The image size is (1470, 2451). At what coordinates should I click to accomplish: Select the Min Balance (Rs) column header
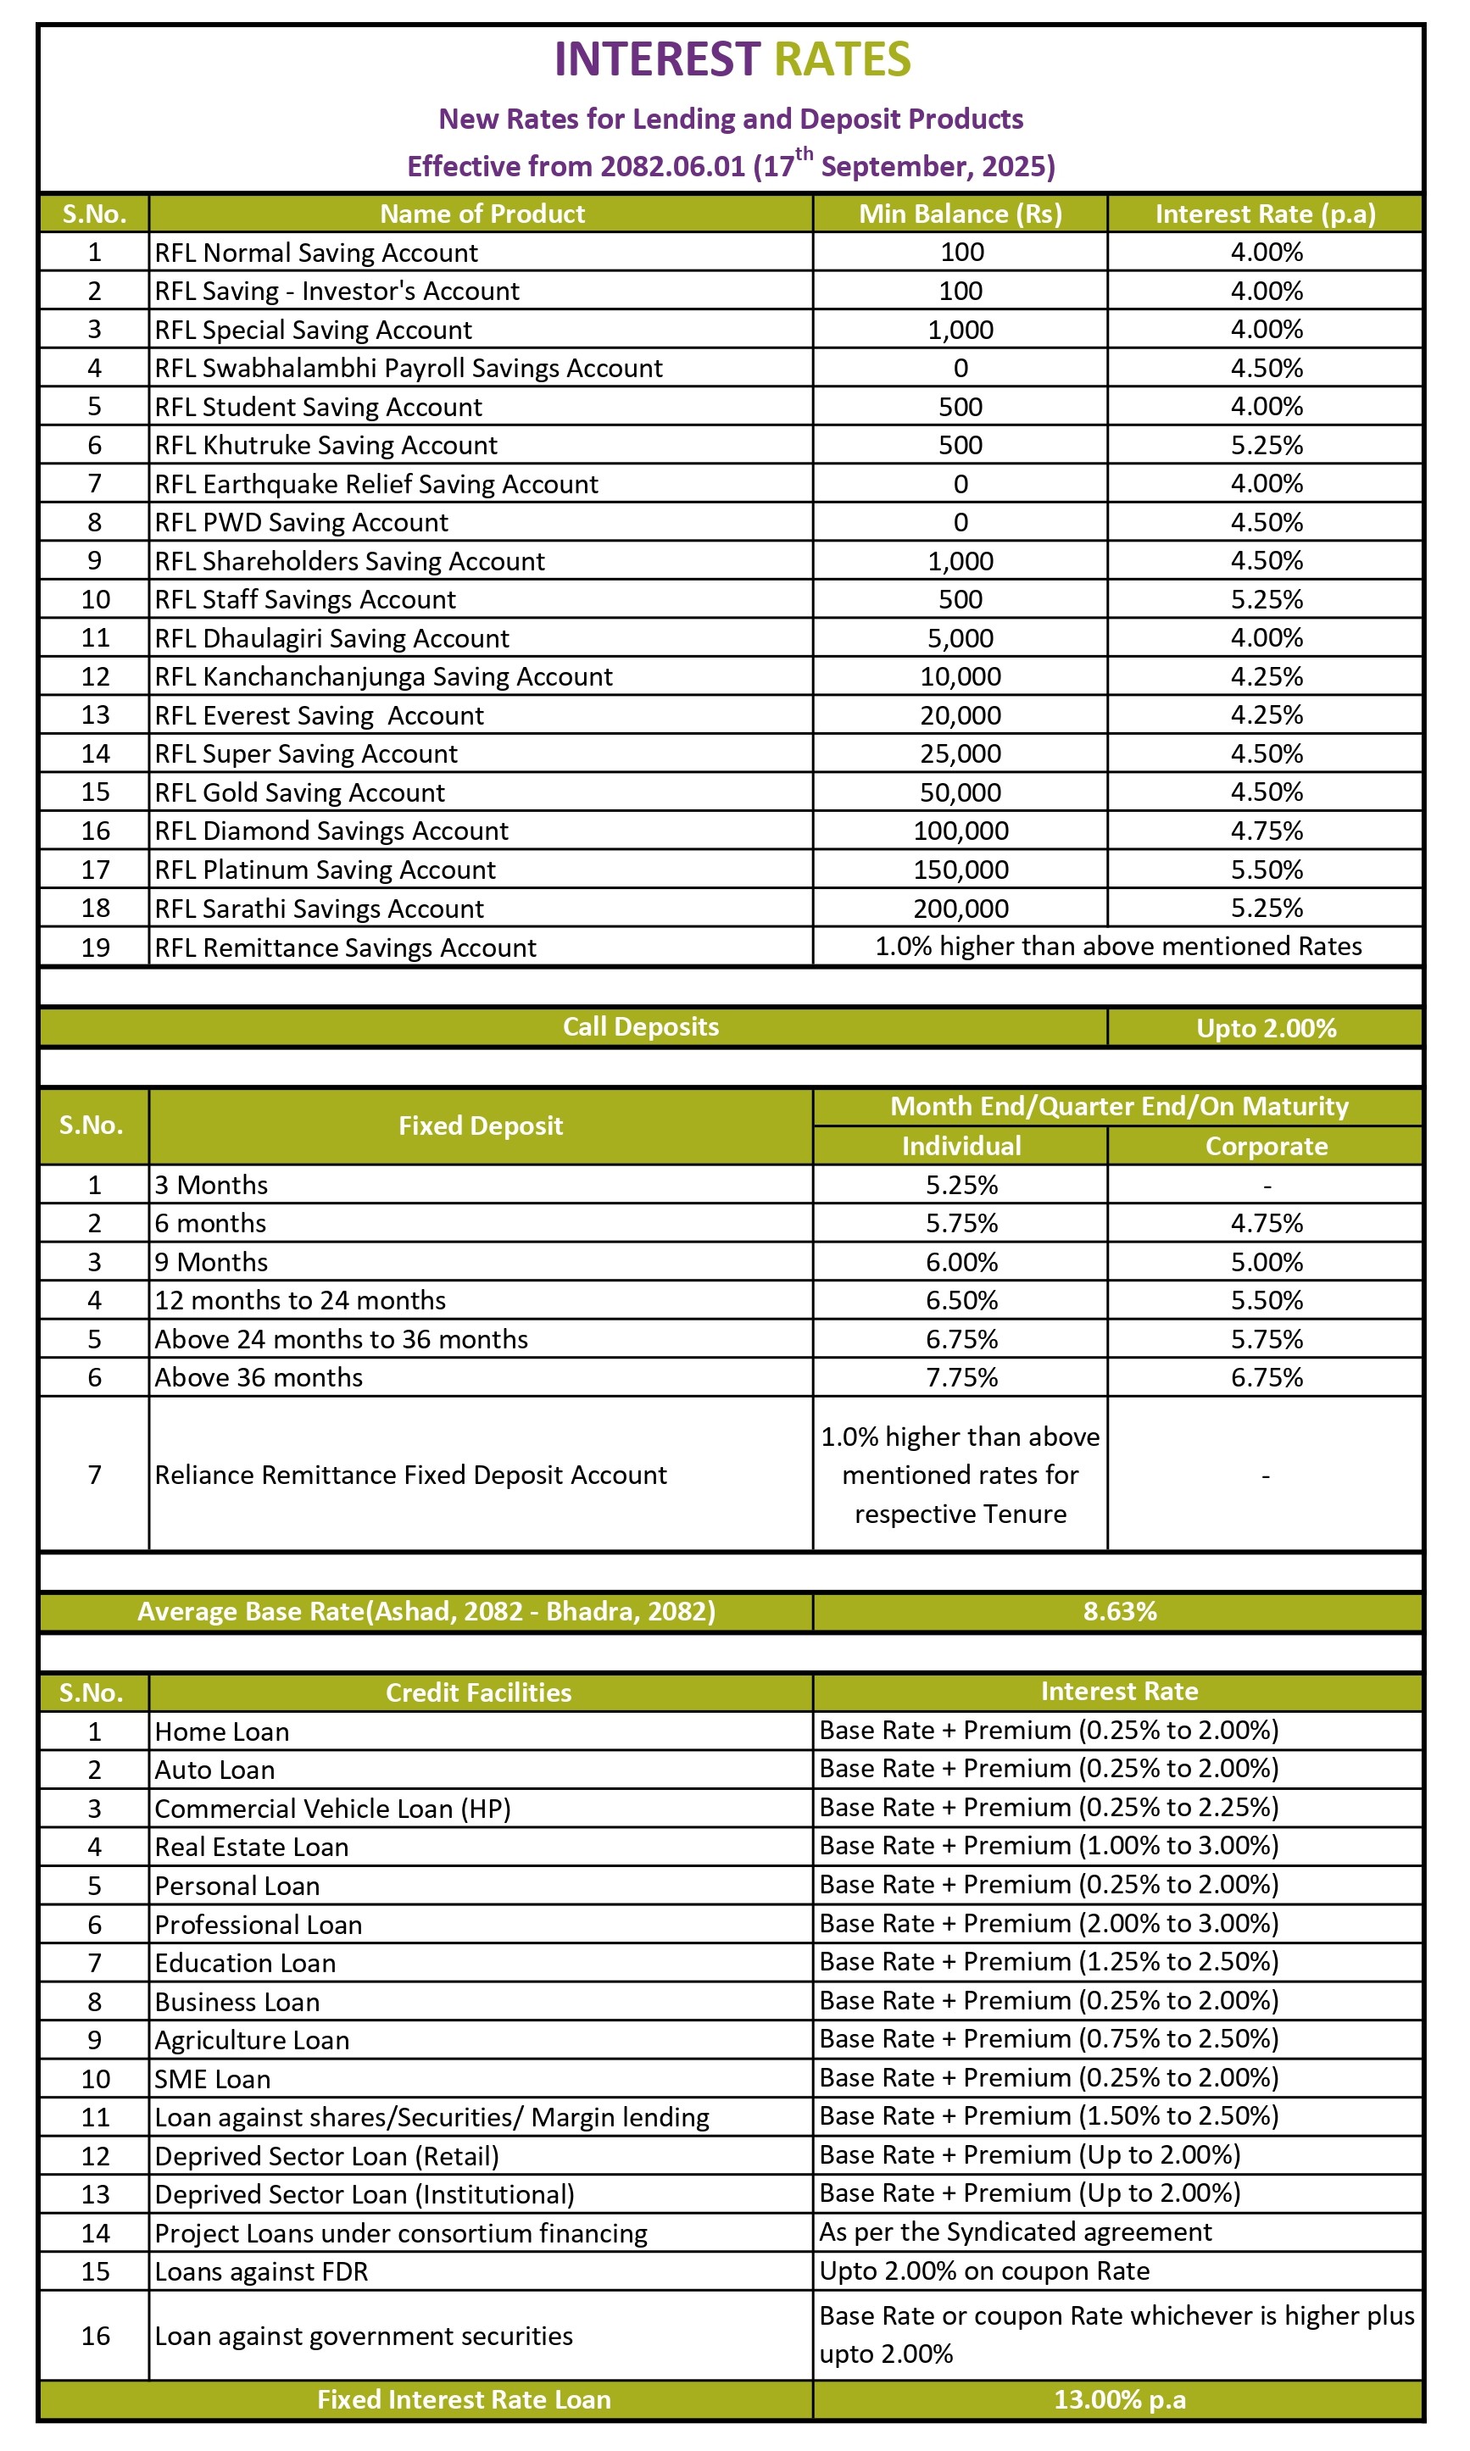pos(959,214)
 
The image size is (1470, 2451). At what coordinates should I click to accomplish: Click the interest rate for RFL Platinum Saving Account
pos(1266,870)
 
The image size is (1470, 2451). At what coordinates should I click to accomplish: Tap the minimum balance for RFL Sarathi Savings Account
pos(960,909)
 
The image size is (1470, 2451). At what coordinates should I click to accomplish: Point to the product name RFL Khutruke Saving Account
pos(326,446)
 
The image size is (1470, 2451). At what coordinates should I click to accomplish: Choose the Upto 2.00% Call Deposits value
pos(1266,1028)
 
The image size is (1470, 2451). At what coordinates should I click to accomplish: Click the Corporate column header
pos(1266,1146)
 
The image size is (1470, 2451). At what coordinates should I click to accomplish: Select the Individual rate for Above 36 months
pos(961,1377)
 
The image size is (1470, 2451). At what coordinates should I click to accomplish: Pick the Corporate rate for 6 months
pos(1266,1223)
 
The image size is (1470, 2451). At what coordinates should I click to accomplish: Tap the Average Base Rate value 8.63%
pos(1119,1611)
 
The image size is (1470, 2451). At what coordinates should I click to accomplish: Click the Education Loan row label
pos(245,1963)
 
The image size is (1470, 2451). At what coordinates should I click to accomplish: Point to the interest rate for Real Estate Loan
pos(1048,1846)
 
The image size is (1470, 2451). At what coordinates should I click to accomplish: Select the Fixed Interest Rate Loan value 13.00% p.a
pos(1119,2399)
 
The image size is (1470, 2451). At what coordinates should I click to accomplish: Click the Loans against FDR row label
pos(261,2270)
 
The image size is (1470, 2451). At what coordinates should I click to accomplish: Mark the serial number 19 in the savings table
pos(95,948)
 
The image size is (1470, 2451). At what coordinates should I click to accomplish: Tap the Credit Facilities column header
pos(478,1692)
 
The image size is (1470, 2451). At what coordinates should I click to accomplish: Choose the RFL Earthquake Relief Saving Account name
pos(376,484)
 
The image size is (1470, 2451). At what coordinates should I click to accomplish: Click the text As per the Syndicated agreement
pos(1015,2232)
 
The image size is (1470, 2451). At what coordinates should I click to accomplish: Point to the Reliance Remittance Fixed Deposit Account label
pos(410,1476)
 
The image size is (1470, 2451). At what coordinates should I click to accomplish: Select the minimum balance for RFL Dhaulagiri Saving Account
pos(960,639)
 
